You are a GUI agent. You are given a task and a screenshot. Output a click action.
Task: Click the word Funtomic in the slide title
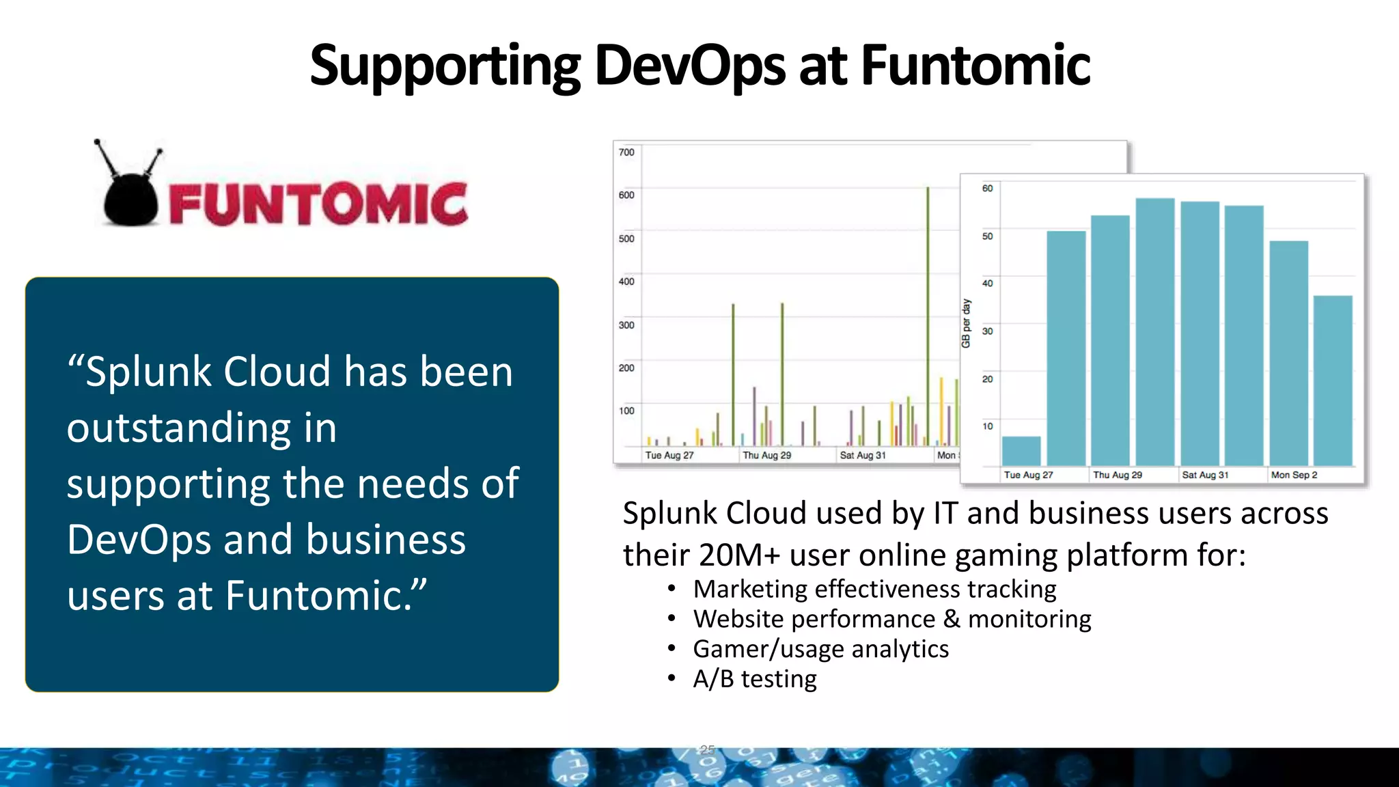coord(975,66)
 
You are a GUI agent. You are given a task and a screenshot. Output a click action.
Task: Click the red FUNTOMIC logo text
coord(318,204)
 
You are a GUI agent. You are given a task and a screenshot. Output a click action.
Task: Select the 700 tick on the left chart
coord(626,152)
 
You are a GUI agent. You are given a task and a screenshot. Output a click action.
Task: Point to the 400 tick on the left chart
coord(626,281)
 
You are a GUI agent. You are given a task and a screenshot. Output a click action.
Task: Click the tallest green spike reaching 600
coord(928,314)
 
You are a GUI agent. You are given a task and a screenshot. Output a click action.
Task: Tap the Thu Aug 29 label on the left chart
coord(766,456)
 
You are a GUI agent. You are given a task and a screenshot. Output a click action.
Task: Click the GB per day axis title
coord(966,323)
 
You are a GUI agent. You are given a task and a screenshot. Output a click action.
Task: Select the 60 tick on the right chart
coord(988,189)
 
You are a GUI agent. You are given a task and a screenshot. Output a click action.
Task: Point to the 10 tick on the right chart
coord(988,426)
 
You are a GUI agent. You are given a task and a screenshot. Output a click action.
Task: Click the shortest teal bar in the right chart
coord(1021,452)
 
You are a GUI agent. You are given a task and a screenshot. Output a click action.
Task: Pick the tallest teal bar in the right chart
coord(1155,332)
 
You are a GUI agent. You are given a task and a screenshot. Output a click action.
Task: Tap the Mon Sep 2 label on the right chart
coord(1294,475)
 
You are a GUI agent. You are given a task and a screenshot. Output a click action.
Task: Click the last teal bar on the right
coord(1333,381)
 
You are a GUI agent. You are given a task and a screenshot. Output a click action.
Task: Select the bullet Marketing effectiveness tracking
coord(874,589)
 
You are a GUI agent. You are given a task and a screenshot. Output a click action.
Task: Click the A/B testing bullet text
coord(755,679)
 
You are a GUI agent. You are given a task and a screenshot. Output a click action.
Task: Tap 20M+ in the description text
coord(739,555)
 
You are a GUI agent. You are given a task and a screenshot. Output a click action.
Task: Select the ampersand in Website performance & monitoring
coord(952,619)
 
